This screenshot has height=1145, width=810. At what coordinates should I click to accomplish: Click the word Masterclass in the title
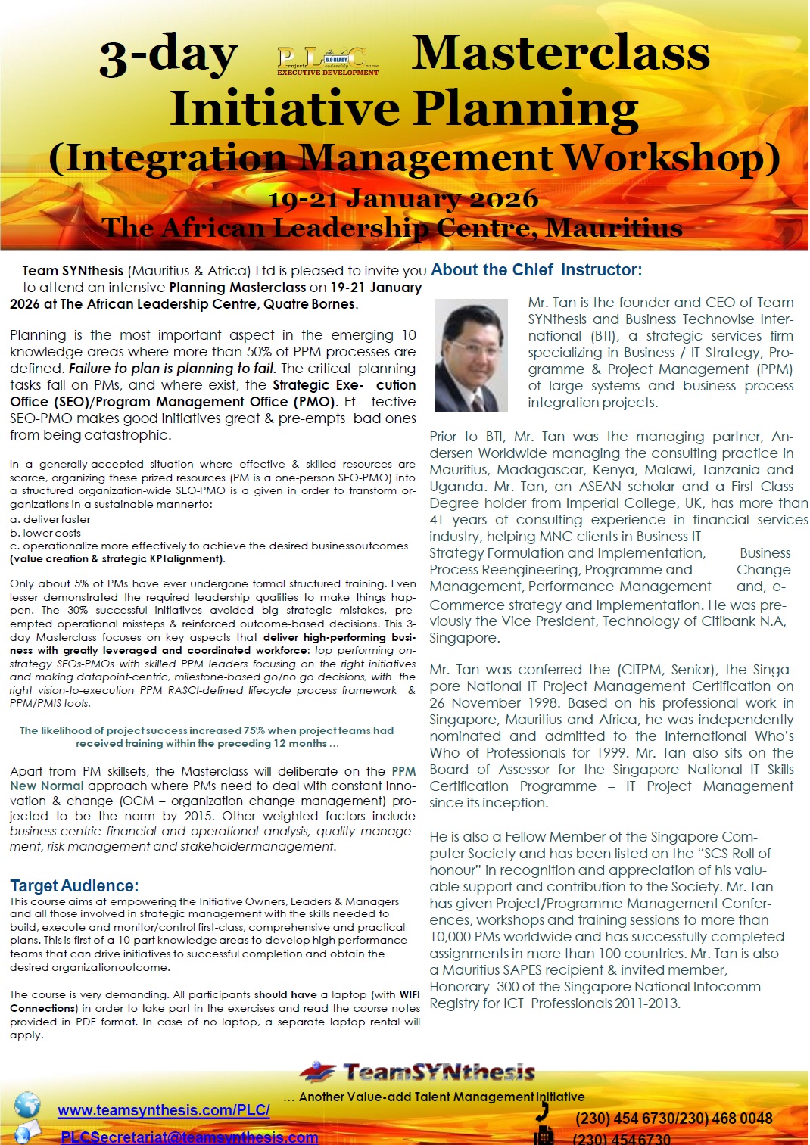(x=560, y=53)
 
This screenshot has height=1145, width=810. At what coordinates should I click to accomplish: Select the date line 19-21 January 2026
(x=403, y=199)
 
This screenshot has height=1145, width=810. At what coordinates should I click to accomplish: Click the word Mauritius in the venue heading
(x=614, y=227)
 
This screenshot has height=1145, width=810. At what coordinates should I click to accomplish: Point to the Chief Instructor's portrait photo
(x=471, y=355)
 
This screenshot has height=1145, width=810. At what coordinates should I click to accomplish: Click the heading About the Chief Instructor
(x=536, y=270)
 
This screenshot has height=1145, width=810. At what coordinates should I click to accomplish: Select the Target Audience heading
(x=74, y=885)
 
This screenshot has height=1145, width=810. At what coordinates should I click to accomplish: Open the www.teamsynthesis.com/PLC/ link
(x=164, y=1110)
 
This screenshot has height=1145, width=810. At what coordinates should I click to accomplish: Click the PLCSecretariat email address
(x=189, y=1137)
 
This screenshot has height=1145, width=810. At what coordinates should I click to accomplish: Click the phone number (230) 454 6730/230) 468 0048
(x=674, y=1119)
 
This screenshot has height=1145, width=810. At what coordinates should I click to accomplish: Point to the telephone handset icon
(x=541, y=1111)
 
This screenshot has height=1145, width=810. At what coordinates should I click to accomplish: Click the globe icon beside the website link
(x=27, y=1104)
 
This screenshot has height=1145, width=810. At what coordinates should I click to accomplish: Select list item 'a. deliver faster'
(x=50, y=519)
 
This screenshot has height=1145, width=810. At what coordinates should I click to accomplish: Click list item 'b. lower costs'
(x=45, y=533)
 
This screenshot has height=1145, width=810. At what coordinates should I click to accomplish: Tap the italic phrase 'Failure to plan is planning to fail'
(x=173, y=369)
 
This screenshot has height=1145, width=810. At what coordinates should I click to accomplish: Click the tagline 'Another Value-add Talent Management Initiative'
(x=441, y=1097)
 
